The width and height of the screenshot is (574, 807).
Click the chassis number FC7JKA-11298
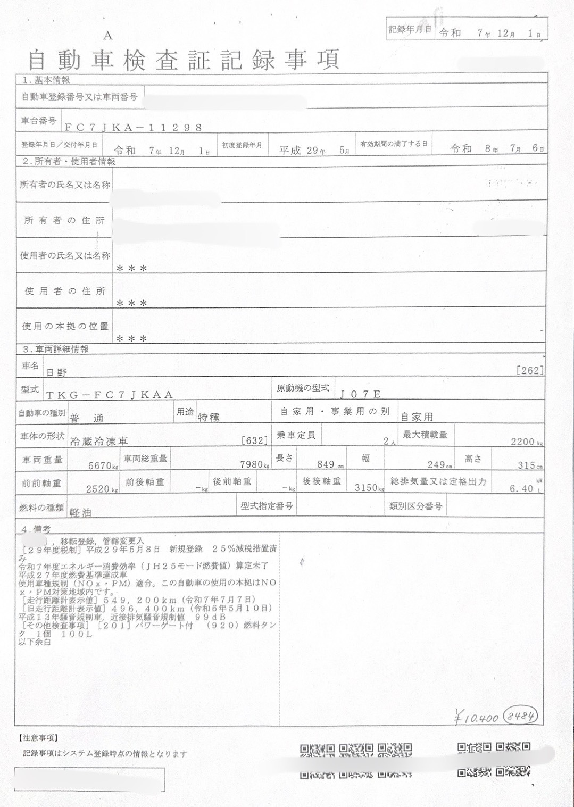coord(133,127)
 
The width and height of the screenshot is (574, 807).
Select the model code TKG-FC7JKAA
coord(110,394)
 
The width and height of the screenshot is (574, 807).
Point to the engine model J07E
coord(361,394)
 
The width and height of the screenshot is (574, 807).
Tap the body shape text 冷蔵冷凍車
coord(99,441)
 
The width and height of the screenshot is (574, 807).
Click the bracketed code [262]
coord(530,370)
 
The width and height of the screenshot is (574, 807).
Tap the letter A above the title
coord(108,36)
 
